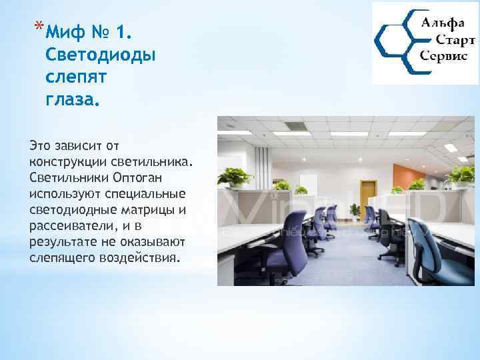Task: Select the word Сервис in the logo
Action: tap(443, 57)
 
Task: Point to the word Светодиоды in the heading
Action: tap(100, 55)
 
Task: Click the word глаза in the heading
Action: tap(71, 100)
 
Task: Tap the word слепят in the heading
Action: tap(71, 77)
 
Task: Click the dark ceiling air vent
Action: tap(294, 125)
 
